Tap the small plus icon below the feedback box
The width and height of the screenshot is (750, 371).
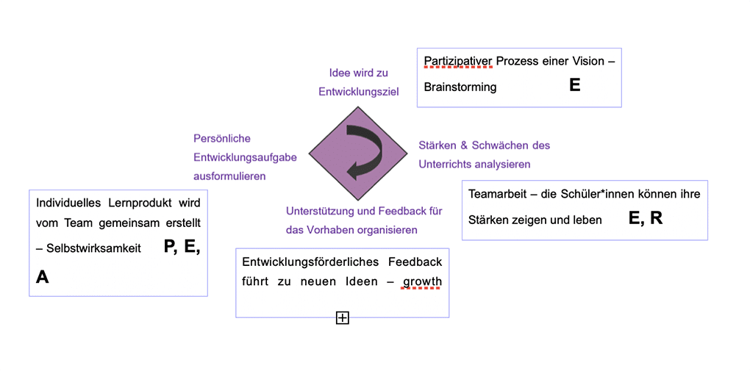342,317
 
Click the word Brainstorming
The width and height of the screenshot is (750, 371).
460,87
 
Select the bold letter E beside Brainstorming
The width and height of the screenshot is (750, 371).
574,85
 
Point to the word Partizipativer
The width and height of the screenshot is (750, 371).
457,60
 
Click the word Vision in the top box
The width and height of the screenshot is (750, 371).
586,60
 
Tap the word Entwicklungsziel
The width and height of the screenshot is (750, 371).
358,92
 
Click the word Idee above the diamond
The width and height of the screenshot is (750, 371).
340,73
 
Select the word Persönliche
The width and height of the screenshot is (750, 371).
222,138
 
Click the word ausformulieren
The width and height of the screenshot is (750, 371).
229,176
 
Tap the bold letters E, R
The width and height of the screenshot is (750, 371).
645,218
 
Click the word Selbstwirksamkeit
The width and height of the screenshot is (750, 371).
93,249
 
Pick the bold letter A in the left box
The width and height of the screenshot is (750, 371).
42,277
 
